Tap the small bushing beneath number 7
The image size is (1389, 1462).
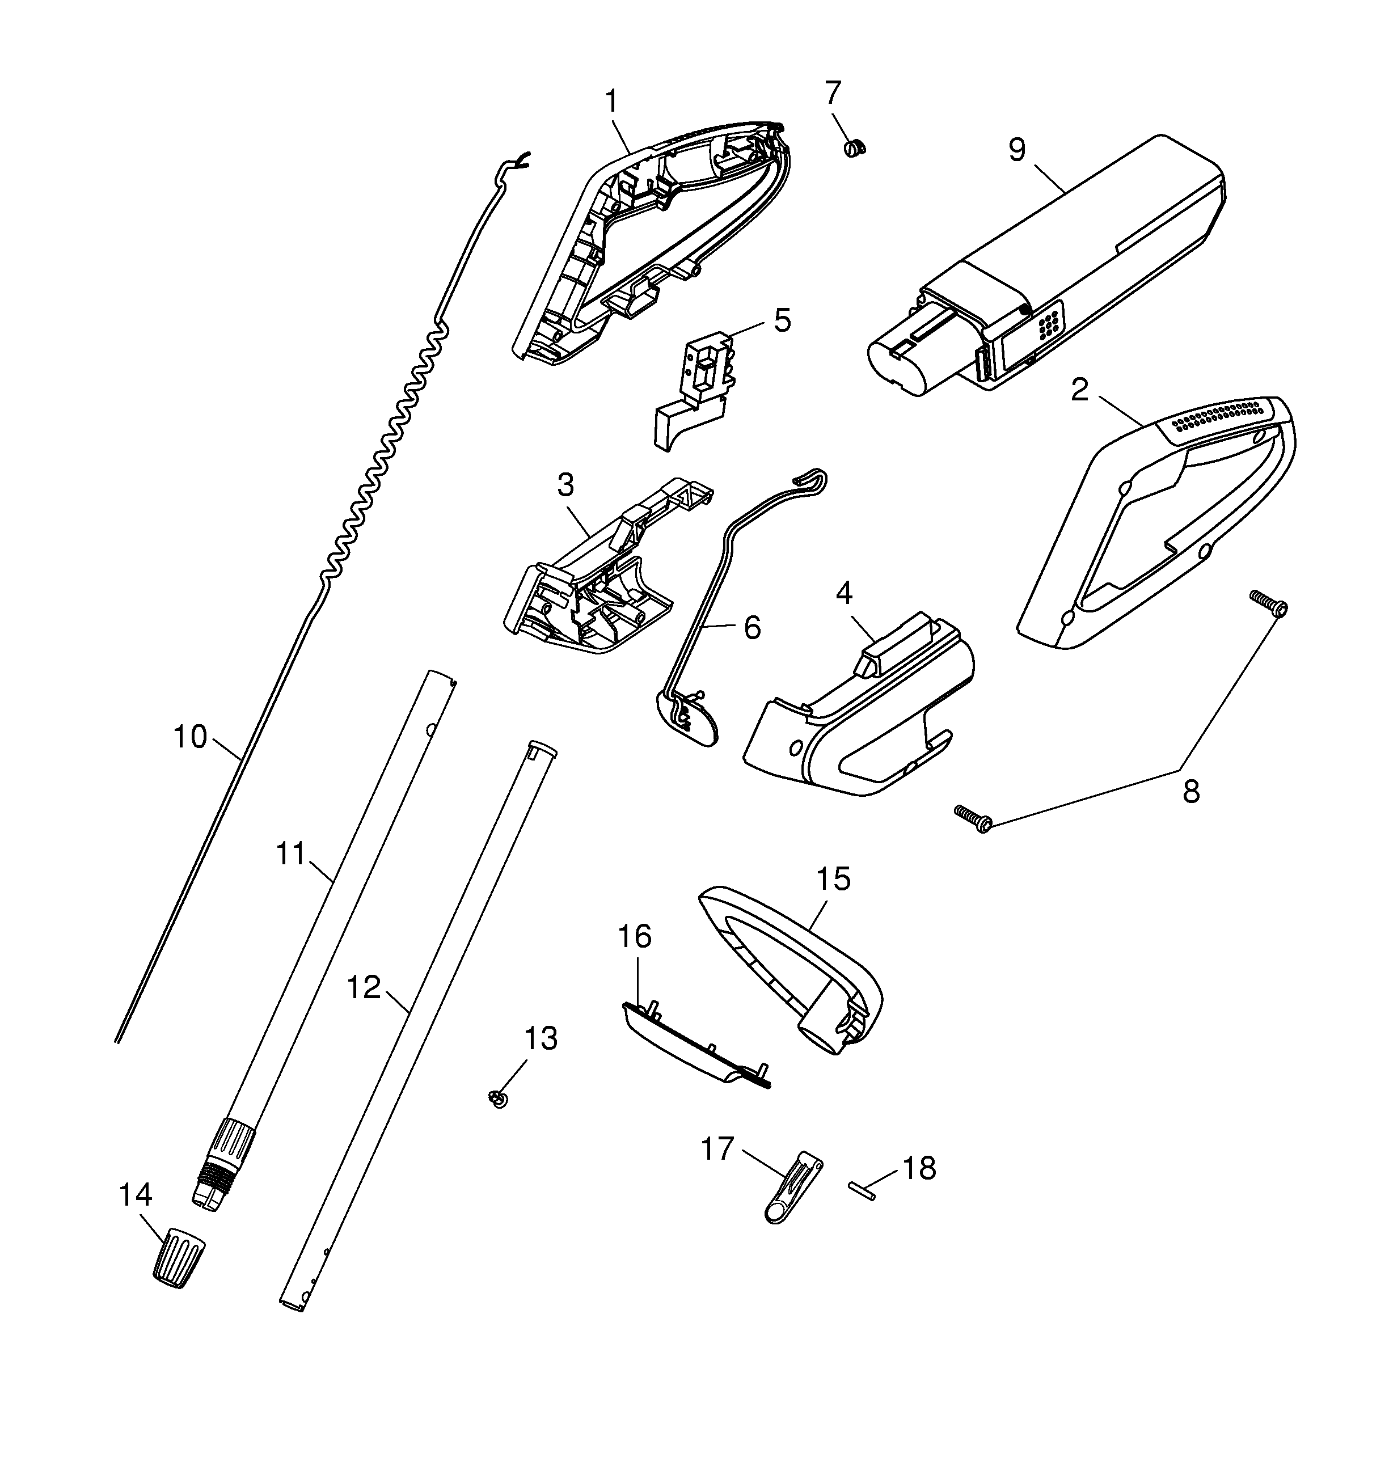click(x=854, y=147)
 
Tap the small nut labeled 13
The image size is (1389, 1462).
click(x=497, y=1099)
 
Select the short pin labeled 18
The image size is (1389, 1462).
click(x=863, y=1190)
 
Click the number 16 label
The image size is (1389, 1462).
click(x=635, y=936)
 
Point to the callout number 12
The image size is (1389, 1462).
click(x=364, y=987)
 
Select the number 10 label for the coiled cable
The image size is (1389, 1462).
click(x=189, y=737)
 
